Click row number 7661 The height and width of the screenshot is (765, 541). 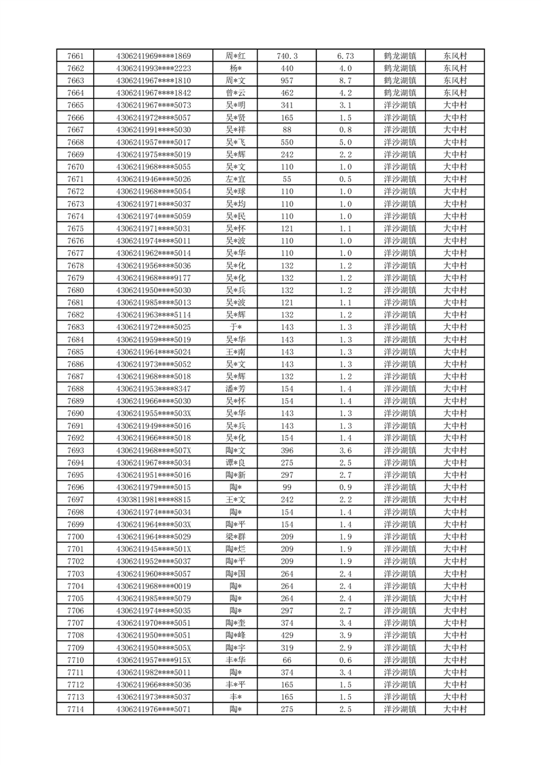(76, 56)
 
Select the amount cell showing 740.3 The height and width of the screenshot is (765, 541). (287, 56)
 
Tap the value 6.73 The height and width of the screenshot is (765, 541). (345, 56)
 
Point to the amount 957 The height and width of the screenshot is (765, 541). (287, 80)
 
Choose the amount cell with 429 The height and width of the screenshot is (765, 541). (287, 635)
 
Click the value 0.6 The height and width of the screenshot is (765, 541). (345, 660)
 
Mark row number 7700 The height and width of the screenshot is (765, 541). (76, 537)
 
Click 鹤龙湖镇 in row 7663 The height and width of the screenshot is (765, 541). (401, 80)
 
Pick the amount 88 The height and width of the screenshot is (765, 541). (287, 130)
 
